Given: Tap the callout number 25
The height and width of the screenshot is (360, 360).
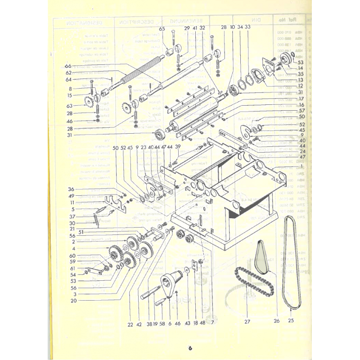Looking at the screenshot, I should coord(291,321).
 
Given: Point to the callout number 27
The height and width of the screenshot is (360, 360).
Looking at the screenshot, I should coord(246,321).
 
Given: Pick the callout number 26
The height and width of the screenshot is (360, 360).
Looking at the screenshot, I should coord(276,321).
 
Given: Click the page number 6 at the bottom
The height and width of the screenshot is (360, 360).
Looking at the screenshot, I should coord(190,347).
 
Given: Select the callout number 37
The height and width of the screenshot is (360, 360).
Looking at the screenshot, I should coord(71,216).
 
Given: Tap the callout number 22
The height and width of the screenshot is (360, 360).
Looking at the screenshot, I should coord(130,323).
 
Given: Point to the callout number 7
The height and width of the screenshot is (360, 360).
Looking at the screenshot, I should coord(211,323).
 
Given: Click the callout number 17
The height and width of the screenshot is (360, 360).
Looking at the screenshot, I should coord(301,98).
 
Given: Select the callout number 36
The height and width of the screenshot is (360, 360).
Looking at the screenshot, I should coord(71,189).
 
